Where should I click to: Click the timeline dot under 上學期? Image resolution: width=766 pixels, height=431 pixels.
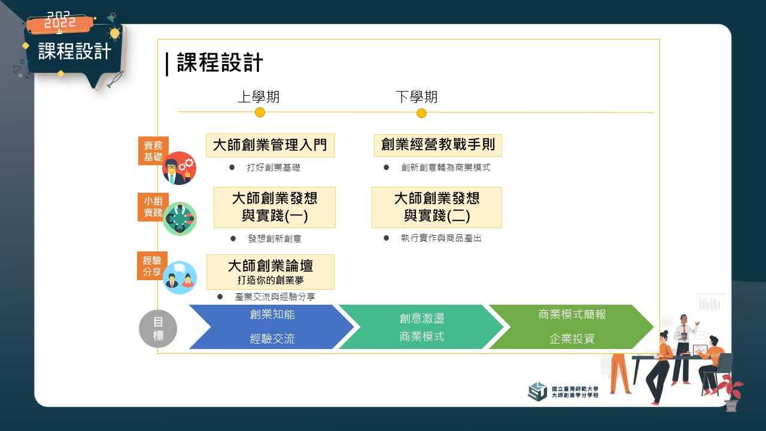coord(260,112)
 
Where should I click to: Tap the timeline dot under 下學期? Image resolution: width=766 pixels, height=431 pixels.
coord(422,113)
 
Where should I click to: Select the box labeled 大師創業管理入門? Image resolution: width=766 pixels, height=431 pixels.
coord(270,145)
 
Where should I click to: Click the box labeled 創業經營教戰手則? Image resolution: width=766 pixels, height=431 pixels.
coord(438,145)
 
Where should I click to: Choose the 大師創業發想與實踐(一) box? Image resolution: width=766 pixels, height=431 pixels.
coord(275,207)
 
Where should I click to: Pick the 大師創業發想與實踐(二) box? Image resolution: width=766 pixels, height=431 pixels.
coord(437,207)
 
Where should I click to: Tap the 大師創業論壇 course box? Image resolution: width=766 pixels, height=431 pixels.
coord(270,272)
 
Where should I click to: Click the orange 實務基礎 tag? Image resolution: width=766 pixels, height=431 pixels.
coord(153,151)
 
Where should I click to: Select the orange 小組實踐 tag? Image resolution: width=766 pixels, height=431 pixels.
coord(153,207)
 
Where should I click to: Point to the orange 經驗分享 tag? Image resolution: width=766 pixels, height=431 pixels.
coord(152,266)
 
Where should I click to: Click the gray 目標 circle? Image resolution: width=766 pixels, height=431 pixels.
coord(158,329)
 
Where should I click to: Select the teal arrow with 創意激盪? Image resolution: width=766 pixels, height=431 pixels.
coord(421,327)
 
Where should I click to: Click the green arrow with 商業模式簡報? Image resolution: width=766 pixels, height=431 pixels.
coord(572,327)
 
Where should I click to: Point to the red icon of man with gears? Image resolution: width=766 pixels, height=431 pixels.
coord(179,168)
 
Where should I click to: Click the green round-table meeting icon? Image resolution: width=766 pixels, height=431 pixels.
coord(180,218)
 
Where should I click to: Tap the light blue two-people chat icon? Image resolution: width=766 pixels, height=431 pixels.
coord(180,278)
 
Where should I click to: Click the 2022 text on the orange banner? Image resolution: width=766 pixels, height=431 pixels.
coord(60,20)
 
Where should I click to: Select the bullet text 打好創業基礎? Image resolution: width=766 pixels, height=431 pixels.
coord(273,167)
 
